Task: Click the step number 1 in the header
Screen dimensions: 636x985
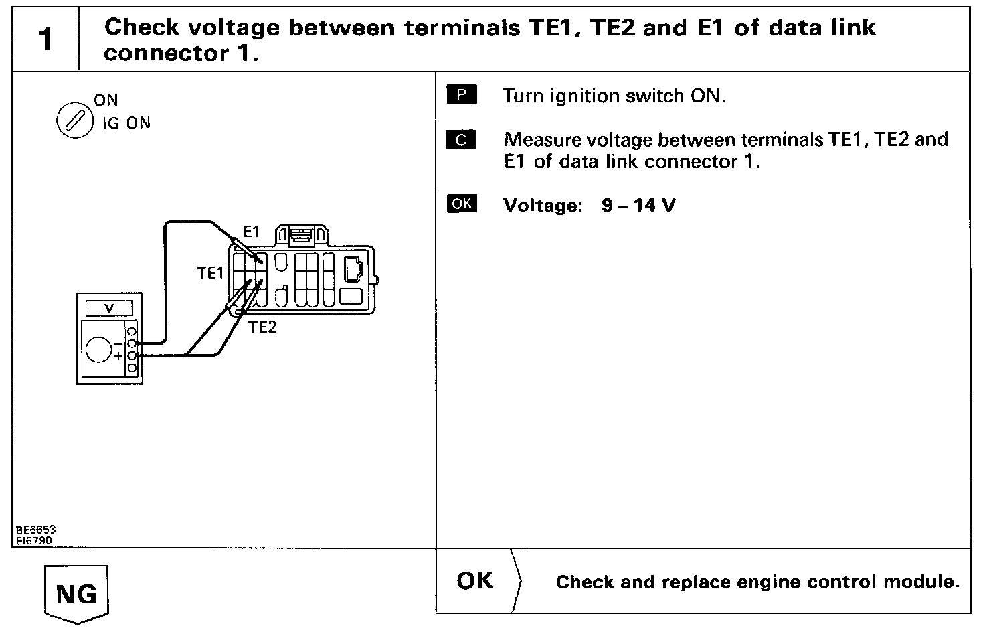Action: [x=45, y=39]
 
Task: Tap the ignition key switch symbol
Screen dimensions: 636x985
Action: [x=74, y=123]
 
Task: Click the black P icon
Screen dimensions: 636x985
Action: [x=462, y=95]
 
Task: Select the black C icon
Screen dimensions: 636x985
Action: [x=462, y=140]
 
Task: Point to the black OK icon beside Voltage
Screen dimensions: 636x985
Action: [x=462, y=204]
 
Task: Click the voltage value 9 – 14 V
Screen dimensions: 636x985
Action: [x=638, y=205]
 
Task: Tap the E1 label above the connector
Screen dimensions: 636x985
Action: [x=251, y=232]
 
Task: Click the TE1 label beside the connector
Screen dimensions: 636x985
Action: [x=210, y=273]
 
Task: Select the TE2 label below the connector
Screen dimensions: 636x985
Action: [x=262, y=327]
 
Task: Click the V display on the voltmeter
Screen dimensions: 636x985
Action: [x=109, y=308]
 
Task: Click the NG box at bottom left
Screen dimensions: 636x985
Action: [x=76, y=593]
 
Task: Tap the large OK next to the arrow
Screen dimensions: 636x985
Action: [x=475, y=580]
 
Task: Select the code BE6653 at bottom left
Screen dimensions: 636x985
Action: [x=36, y=530]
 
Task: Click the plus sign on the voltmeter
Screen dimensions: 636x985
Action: [x=118, y=356]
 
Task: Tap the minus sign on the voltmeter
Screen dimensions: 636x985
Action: [x=118, y=343]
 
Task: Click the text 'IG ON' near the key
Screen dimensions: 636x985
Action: [x=126, y=123]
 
